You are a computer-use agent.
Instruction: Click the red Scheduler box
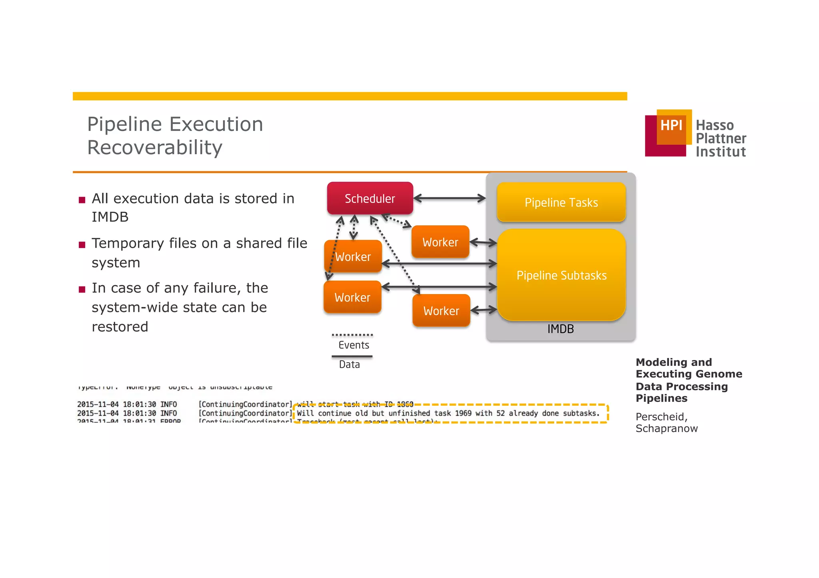(370, 199)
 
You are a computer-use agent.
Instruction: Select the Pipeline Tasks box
(561, 202)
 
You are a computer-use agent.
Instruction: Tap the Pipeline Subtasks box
(561, 275)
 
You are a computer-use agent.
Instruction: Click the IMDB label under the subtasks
(560, 329)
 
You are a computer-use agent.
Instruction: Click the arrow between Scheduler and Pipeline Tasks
(449, 198)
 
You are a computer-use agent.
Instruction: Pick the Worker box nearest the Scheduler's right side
(440, 242)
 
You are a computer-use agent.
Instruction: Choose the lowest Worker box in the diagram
(441, 311)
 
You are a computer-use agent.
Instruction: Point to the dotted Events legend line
(352, 335)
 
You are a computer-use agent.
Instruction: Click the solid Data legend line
(352, 356)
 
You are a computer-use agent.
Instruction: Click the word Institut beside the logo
(721, 152)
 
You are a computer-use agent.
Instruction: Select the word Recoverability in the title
(155, 147)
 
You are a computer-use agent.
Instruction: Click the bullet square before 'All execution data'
(82, 200)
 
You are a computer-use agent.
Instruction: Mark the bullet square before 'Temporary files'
(82, 245)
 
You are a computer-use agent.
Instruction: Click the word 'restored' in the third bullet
(120, 327)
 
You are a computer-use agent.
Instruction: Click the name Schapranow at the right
(667, 429)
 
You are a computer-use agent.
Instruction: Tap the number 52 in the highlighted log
(500, 413)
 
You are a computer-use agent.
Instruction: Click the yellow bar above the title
(350, 96)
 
